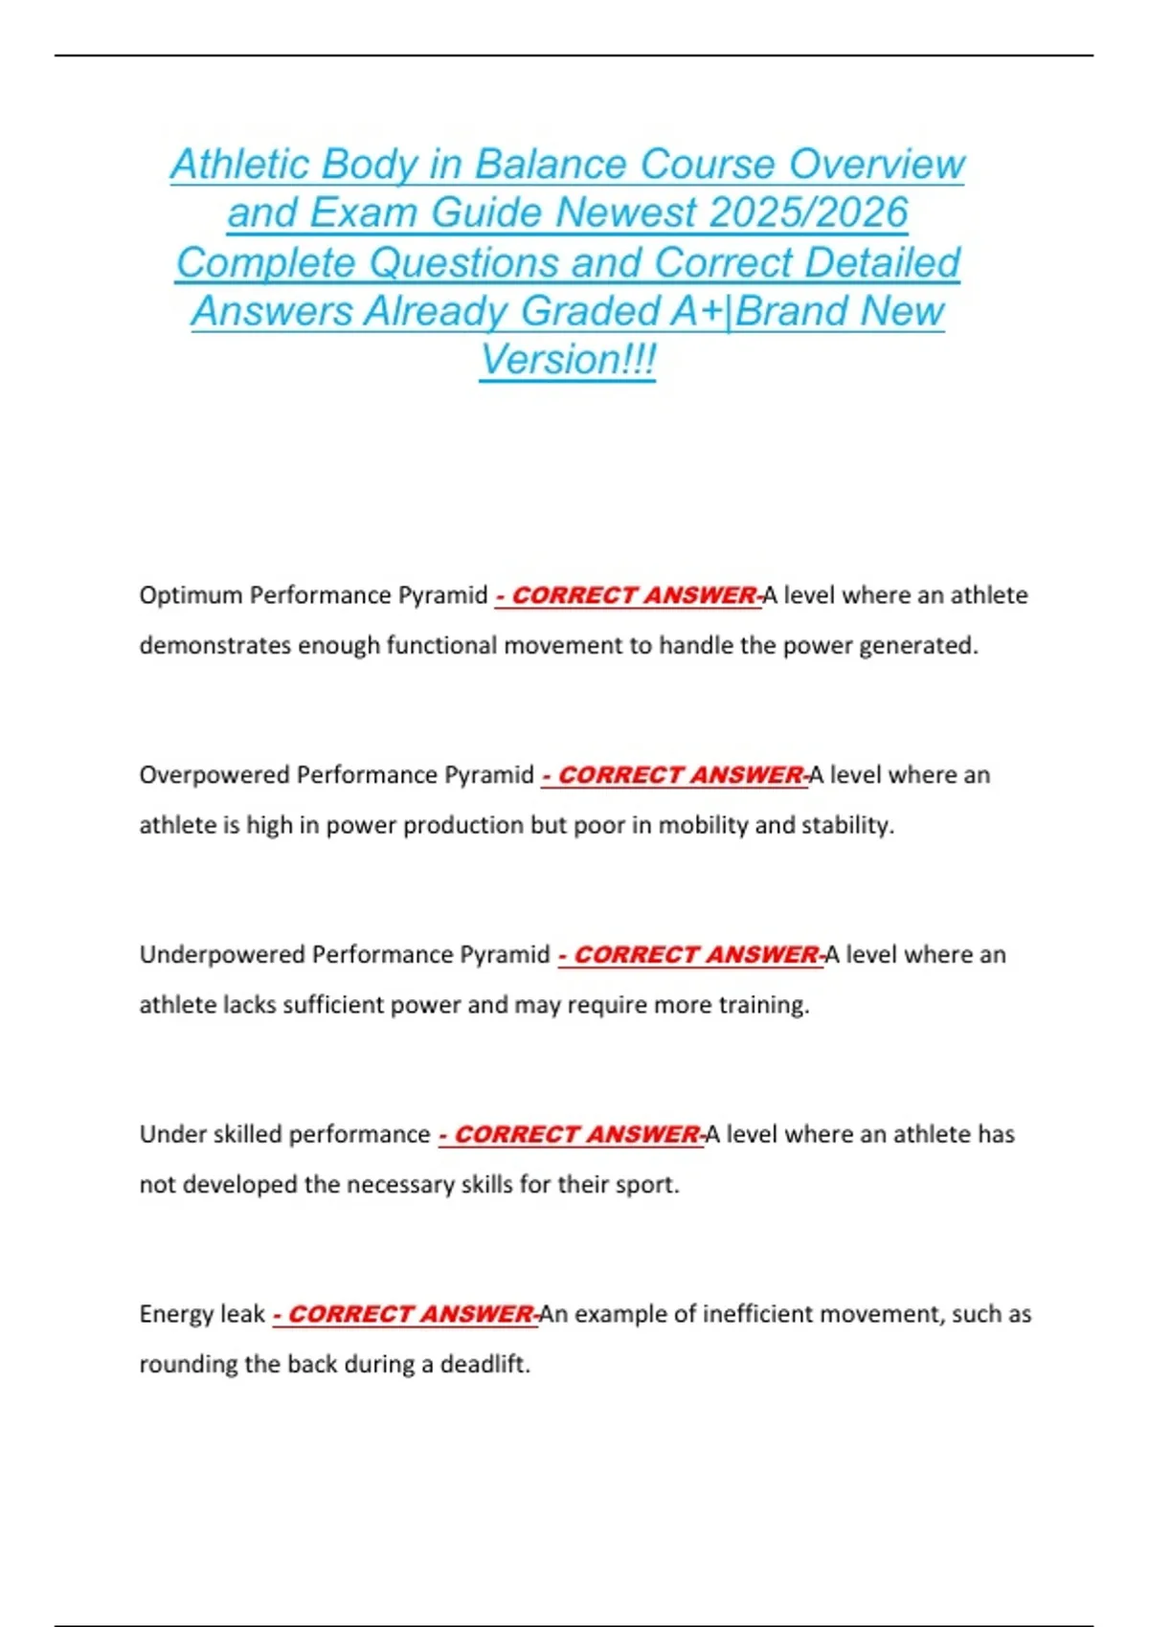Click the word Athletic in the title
click(x=240, y=165)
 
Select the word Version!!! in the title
click(x=568, y=360)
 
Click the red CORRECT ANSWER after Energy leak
click(x=410, y=1314)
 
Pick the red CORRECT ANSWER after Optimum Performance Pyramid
click(x=634, y=595)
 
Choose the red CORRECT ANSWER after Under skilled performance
click(x=576, y=1134)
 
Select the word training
click(x=768, y=1005)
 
